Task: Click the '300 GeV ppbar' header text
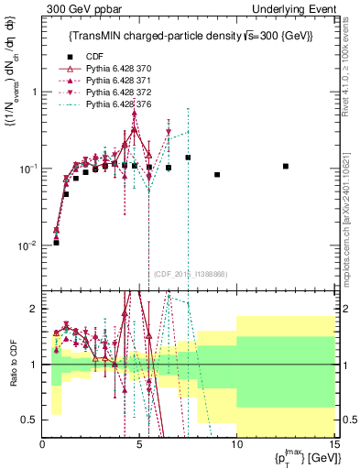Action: coord(78,8)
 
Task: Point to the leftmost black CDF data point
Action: coord(56,243)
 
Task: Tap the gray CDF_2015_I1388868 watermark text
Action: coord(190,274)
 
